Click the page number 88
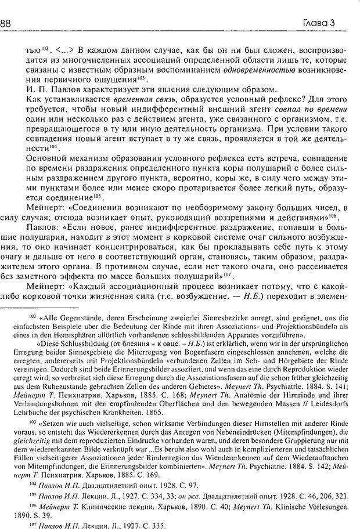tap(9, 23)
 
